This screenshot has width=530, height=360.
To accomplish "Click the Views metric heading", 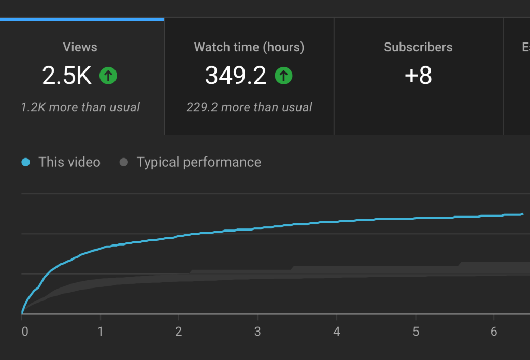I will point(80,47).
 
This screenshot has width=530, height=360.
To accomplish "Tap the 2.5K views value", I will point(67,76).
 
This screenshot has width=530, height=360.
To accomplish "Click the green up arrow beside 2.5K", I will point(108,76).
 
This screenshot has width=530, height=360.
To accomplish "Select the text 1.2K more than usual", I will point(80,107).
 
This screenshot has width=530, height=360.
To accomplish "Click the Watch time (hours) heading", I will point(249,47).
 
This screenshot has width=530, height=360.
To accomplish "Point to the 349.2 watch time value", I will point(236,76).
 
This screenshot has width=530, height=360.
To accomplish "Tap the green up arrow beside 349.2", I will point(283,76).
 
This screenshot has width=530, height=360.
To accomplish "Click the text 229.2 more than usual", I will point(249,107).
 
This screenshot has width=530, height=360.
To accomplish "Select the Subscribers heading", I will point(418,47).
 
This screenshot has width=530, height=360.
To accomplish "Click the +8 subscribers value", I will point(418,76).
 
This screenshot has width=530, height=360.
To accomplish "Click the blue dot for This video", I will point(25,162).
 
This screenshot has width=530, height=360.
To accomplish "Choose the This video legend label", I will point(69,162).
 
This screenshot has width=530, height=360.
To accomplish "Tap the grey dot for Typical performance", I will point(123,162).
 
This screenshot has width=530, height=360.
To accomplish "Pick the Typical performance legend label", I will point(199,162).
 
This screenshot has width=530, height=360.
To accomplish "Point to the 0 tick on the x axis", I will point(24,332).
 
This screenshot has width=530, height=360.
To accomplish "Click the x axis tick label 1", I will point(101,332).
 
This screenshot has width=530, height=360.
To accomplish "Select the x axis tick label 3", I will point(257,332).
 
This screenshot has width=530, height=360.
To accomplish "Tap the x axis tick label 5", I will point(416,332).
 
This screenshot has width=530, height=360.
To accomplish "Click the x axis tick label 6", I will point(494,332).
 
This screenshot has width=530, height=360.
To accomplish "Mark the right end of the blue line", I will point(522,213).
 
